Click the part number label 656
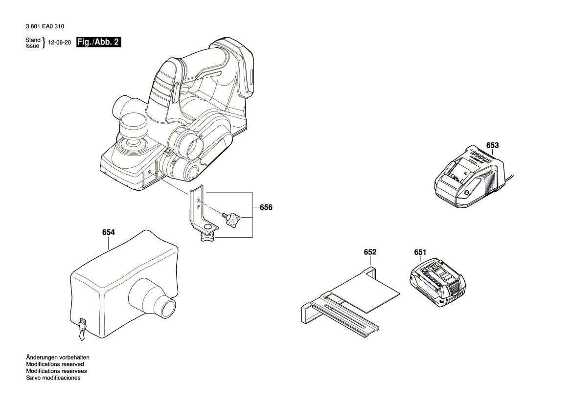coord(266,207)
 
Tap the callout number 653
coord(492,145)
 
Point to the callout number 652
coord(370,252)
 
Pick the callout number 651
coord(420,252)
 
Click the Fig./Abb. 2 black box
coord(98,43)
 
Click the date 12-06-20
coord(60,43)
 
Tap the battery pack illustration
coord(435,282)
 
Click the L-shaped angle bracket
coord(199,207)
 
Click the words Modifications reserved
coord(55,364)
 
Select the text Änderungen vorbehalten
coord(58,358)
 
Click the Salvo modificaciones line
coord(53,378)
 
